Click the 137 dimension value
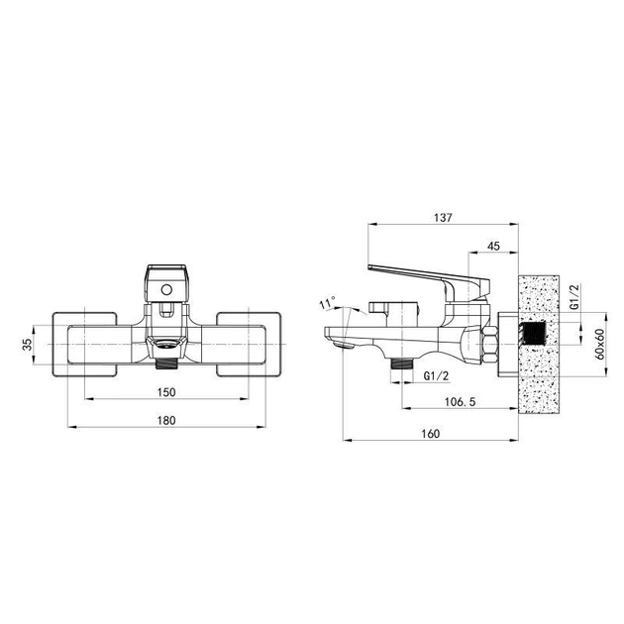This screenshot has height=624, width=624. (x=443, y=218)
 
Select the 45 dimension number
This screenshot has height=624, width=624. (x=493, y=246)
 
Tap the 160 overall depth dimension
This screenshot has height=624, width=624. (x=430, y=434)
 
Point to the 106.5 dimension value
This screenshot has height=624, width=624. (x=460, y=401)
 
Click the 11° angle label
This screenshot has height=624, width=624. (x=327, y=303)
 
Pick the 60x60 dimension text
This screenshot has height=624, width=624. (x=599, y=345)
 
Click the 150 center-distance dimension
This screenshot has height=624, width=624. (x=166, y=392)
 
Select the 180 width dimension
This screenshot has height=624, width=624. (x=166, y=421)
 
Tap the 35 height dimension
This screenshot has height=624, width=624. (x=27, y=345)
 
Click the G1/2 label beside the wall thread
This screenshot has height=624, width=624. (x=574, y=296)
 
